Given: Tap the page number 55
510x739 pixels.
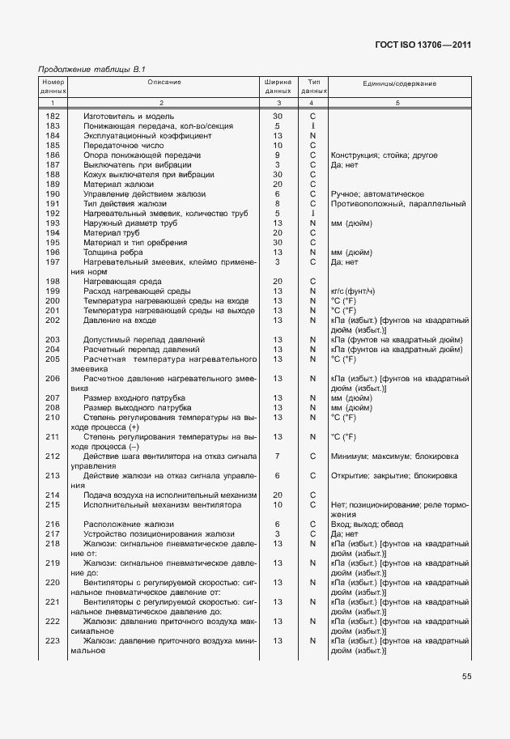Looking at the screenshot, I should tap(467, 676).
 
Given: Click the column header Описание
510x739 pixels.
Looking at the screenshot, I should tap(164, 83).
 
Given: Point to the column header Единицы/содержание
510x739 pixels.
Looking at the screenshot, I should tap(399, 83).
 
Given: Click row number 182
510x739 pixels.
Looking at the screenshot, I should tap(53, 117).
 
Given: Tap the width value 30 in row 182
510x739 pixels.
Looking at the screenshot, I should tap(277, 117).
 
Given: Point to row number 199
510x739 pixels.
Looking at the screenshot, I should tap(53, 291).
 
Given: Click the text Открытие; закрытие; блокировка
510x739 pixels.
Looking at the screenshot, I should tap(393, 475).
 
